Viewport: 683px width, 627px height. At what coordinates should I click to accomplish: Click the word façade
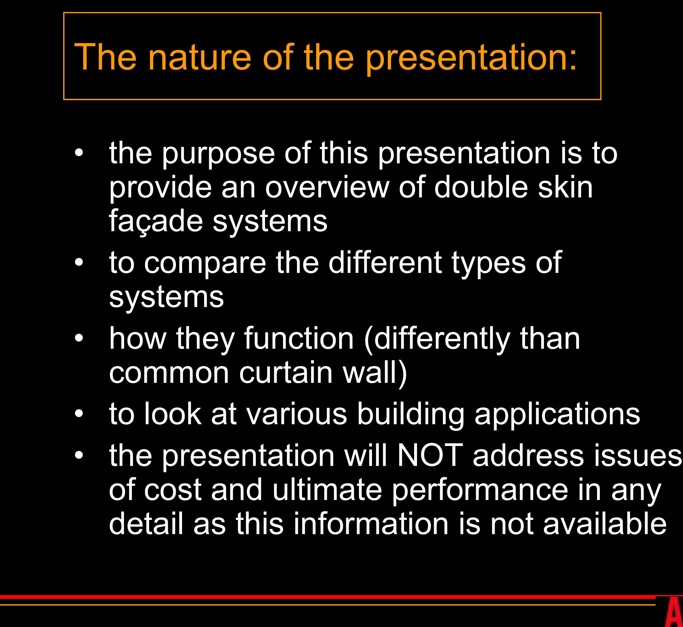[x=155, y=221]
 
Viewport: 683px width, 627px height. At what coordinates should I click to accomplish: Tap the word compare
[x=205, y=263]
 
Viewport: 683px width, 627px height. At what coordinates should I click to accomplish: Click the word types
[x=489, y=263]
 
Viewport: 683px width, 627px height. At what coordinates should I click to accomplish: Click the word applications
[x=557, y=415]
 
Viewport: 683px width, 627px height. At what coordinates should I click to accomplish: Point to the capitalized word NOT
[x=430, y=456]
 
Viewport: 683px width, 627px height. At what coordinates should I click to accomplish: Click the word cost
[x=173, y=490]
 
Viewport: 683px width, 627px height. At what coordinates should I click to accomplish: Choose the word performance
[x=480, y=490]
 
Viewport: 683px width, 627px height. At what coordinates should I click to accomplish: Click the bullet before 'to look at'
[x=79, y=414]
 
